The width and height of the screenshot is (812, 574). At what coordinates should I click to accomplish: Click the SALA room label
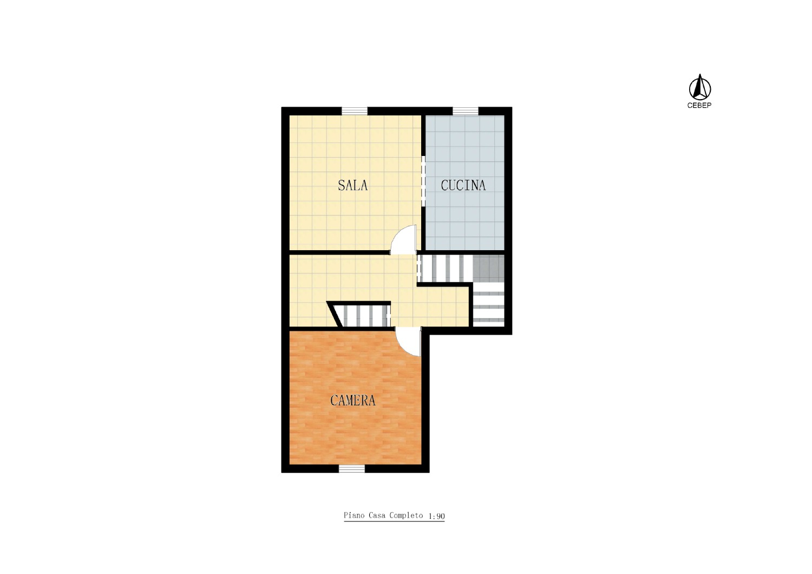click(x=353, y=185)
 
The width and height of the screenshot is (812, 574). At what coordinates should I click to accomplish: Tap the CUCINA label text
click(x=463, y=185)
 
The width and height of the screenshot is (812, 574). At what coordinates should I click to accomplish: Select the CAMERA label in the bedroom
click(x=353, y=400)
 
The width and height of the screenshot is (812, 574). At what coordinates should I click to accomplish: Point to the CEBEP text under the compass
click(x=699, y=106)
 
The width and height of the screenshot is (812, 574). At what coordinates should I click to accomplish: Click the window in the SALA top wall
click(x=355, y=110)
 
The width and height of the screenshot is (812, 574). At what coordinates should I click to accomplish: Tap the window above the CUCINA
click(x=466, y=110)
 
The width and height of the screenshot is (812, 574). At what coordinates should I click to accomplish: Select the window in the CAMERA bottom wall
click(x=352, y=469)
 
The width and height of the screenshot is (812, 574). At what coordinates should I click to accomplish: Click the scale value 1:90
click(x=436, y=516)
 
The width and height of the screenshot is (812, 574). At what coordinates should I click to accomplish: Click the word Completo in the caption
click(x=406, y=516)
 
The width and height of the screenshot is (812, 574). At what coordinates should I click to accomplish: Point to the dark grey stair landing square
click(x=489, y=269)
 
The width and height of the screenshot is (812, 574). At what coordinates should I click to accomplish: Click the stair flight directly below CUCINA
click(x=445, y=269)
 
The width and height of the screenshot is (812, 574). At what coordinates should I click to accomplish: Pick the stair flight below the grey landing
click(x=489, y=304)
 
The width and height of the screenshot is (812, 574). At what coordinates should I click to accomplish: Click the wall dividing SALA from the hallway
click(x=339, y=252)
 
